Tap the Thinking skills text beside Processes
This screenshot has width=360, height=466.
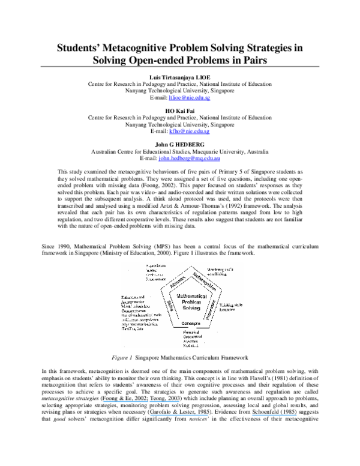[230, 306]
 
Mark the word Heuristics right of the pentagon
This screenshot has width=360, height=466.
[227, 310]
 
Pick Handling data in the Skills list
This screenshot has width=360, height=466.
[133, 328]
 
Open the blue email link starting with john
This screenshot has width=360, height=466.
[189, 159]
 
